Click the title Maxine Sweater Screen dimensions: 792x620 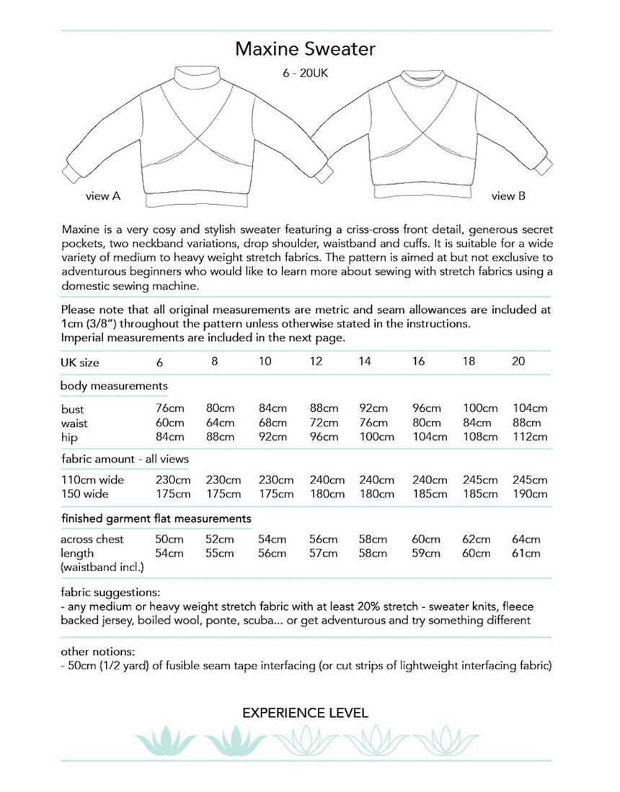306,50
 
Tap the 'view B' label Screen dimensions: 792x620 508,195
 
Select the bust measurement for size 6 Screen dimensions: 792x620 169,409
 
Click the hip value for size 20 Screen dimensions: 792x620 529,436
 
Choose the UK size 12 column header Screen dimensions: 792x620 315,361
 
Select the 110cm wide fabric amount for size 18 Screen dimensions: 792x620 480,480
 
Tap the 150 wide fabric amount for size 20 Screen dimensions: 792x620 529,494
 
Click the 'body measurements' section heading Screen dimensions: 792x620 114,386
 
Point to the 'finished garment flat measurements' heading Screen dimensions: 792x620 156,518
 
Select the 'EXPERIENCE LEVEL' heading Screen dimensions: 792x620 306,713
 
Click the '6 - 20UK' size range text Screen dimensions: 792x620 306,74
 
